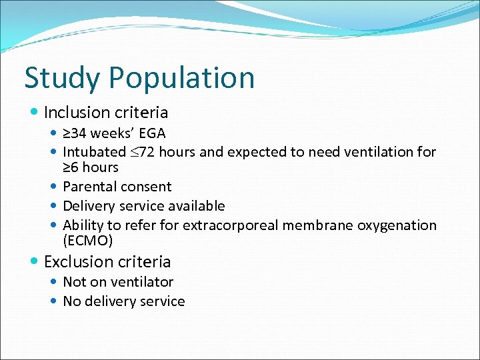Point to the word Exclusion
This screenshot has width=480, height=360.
pos(79,261)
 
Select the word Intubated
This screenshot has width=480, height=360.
pos(94,152)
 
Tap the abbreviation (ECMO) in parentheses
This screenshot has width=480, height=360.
pos(87,240)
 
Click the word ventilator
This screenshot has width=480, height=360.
pos(141,282)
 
